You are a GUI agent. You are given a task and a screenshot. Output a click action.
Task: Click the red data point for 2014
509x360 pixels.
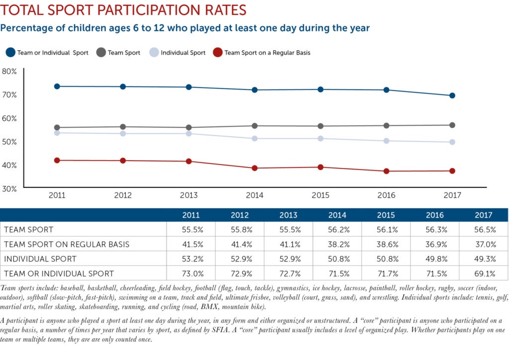click(x=254, y=168)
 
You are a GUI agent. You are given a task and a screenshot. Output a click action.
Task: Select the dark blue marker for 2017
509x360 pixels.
click(x=452, y=95)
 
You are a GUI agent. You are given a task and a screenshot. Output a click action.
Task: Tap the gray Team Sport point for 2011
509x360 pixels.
click(x=57, y=128)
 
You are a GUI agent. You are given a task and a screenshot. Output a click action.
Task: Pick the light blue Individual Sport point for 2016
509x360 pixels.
click(x=386, y=141)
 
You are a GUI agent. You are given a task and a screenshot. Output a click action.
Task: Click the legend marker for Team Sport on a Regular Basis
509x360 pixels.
click(x=217, y=52)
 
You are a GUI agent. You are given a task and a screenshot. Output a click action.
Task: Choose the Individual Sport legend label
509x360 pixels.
click(x=183, y=53)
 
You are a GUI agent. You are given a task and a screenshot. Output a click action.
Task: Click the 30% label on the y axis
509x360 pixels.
click(x=9, y=189)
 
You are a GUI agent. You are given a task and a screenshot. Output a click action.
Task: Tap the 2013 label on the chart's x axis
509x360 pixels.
click(x=189, y=195)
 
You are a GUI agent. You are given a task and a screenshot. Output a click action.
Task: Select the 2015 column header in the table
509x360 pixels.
click(x=386, y=215)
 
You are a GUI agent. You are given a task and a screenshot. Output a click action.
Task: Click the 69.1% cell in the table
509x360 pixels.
click(x=484, y=273)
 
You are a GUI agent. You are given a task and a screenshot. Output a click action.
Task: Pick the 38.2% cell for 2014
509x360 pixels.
click(x=338, y=244)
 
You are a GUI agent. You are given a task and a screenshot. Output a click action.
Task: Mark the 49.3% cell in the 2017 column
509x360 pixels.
click(x=484, y=259)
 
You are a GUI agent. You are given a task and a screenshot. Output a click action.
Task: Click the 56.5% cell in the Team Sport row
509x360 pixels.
click(x=484, y=230)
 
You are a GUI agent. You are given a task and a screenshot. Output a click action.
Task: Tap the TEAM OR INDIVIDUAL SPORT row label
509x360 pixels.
click(x=59, y=273)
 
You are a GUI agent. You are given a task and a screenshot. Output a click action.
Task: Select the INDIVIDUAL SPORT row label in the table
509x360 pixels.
click(x=40, y=259)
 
